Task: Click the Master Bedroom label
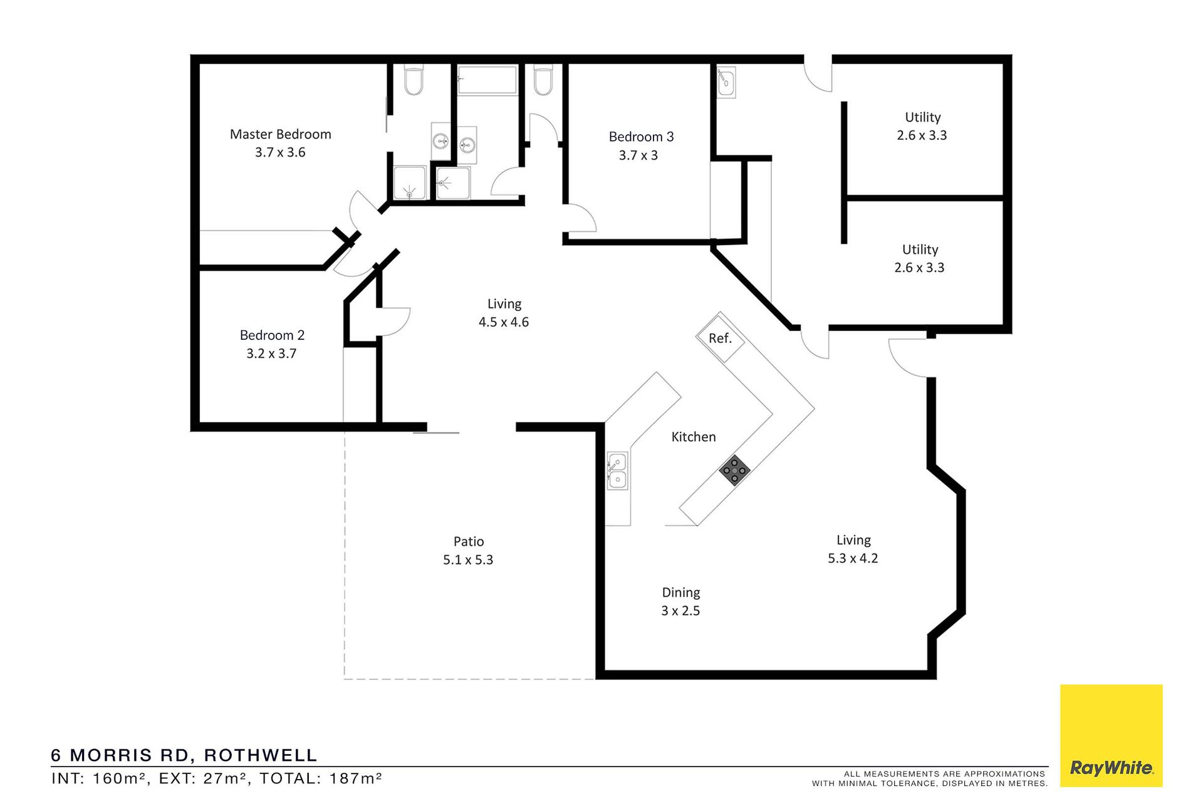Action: pyautogui.click(x=280, y=134)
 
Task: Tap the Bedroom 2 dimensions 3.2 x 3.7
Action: pyautogui.click(x=271, y=353)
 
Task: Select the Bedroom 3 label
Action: pyautogui.click(x=641, y=137)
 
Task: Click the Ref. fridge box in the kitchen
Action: pyautogui.click(x=720, y=338)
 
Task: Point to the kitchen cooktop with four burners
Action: pyautogui.click(x=734, y=470)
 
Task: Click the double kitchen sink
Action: pyautogui.click(x=617, y=471)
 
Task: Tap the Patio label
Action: pyautogui.click(x=469, y=542)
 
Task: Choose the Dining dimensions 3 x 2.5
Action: pyautogui.click(x=680, y=611)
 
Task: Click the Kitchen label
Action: pyautogui.click(x=694, y=437)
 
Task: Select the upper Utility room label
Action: pyautogui.click(x=922, y=117)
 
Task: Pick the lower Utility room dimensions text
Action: pyautogui.click(x=919, y=268)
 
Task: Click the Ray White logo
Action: pyautogui.click(x=1111, y=735)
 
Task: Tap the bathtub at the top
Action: pyautogui.click(x=487, y=80)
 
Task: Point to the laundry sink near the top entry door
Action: pyautogui.click(x=726, y=83)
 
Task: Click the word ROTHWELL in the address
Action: pyautogui.click(x=261, y=755)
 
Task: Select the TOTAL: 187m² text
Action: pyautogui.click(x=321, y=778)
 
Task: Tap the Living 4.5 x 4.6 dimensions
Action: pyautogui.click(x=504, y=322)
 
